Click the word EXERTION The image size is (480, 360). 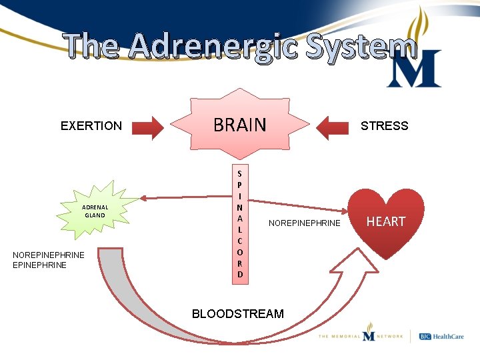pos(91,126)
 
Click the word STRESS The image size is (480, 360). pos(384,126)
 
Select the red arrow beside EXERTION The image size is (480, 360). pos(148,127)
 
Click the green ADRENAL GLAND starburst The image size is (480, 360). pos(95,211)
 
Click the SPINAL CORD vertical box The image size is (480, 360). pos(240,223)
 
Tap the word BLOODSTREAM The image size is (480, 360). pos(237,313)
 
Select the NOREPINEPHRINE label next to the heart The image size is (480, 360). pos(304,223)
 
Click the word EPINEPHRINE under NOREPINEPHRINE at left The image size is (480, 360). pos(40,265)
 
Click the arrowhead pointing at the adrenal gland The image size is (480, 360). pos(144,197)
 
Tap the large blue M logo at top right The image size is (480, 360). pos(413,69)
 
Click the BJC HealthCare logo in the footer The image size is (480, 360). pos(441,337)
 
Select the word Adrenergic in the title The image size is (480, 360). pos(213,47)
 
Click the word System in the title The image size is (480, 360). pos(360,47)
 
